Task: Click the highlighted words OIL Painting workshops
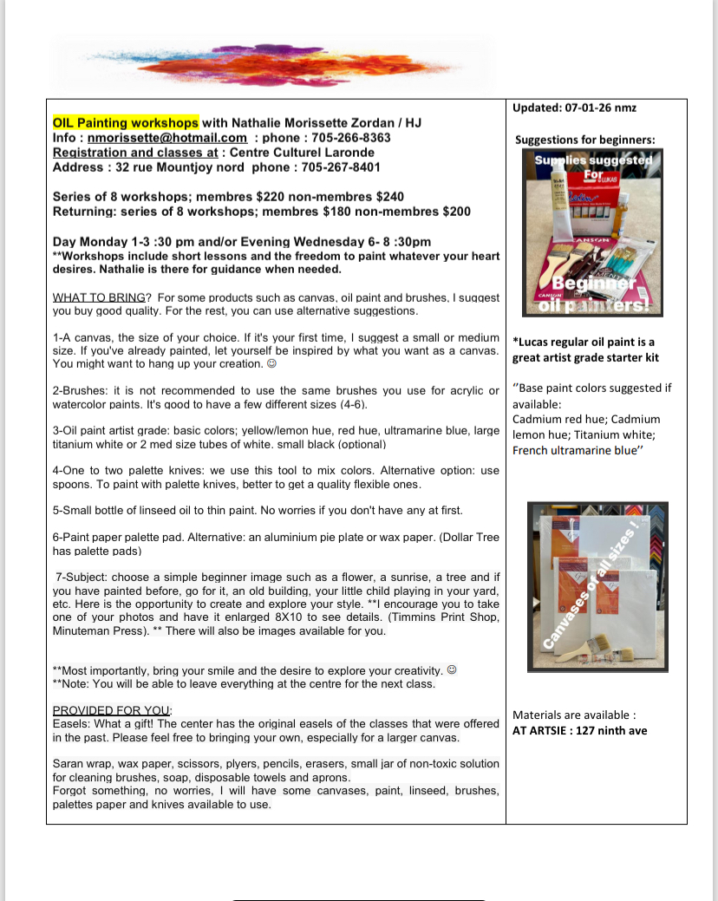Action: (x=126, y=122)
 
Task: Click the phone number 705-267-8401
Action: (x=337, y=166)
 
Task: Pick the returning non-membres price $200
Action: (x=456, y=211)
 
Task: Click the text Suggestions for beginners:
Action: (x=585, y=140)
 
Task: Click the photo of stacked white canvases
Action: (x=597, y=588)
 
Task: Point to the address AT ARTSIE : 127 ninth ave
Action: (x=579, y=730)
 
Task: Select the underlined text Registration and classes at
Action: (x=136, y=152)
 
